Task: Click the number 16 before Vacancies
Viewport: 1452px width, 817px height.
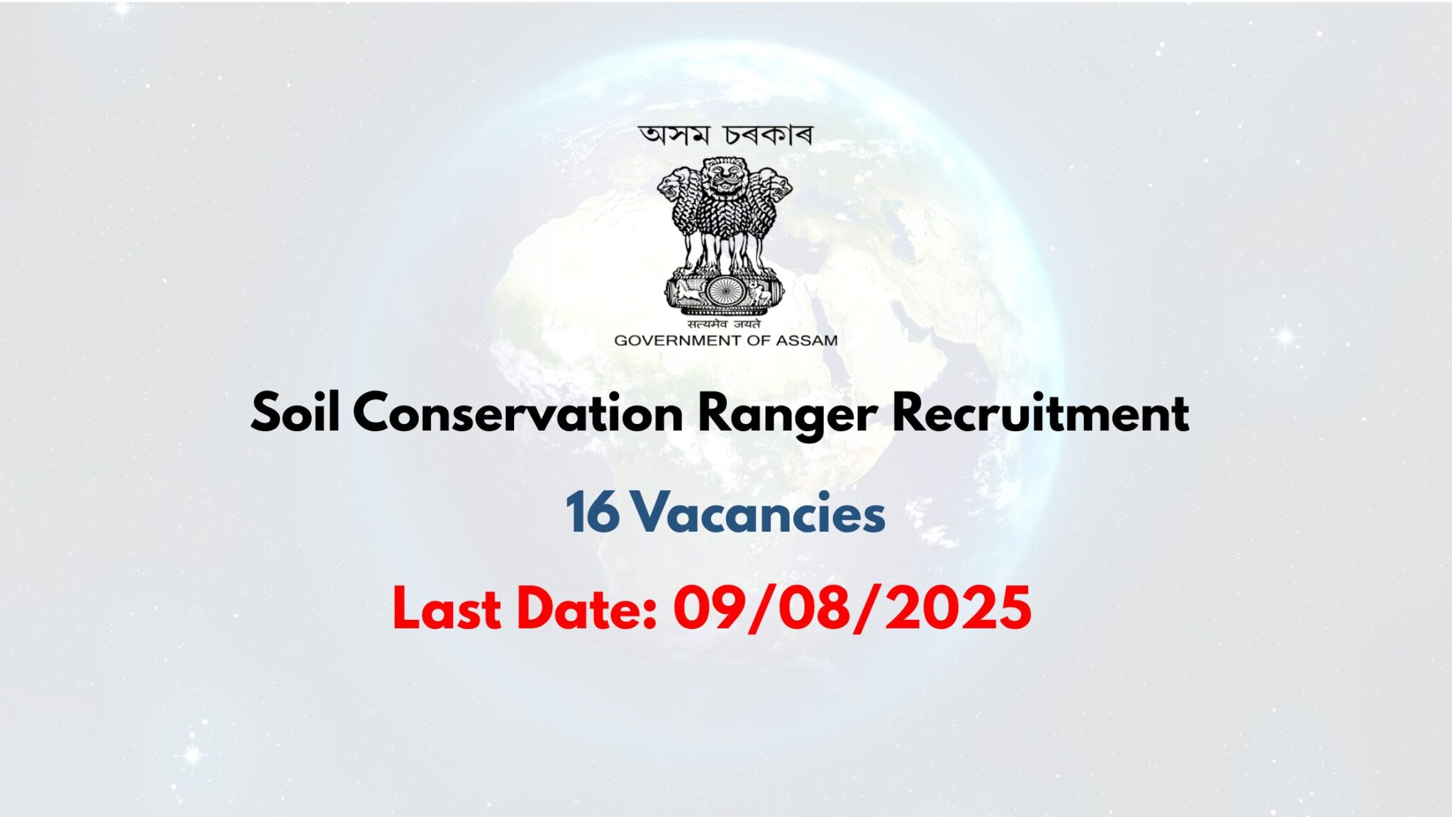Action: (592, 513)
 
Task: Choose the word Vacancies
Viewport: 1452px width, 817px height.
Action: (759, 513)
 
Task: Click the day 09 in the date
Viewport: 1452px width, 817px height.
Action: (705, 609)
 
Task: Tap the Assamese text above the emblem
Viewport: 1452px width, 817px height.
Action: (725, 135)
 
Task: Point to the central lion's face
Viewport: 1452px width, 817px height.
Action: (724, 177)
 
